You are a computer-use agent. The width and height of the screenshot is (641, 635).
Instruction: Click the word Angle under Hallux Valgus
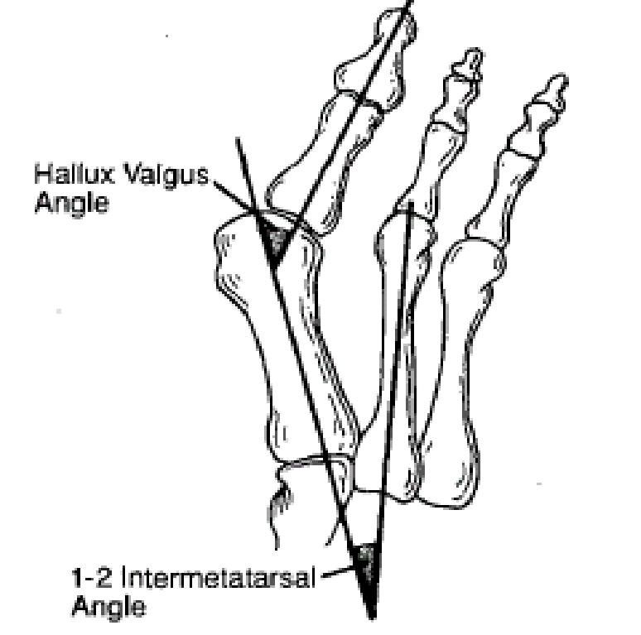pyautogui.click(x=70, y=201)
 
